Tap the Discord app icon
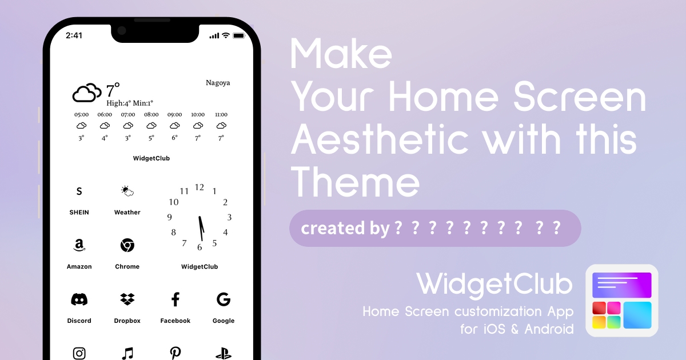79,299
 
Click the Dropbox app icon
127,299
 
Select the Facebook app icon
175,299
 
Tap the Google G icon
224,299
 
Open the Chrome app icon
127,245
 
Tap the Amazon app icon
79,245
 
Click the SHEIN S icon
79,191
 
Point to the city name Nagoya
218,83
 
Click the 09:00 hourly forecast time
174,114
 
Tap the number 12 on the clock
200,187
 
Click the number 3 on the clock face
229,217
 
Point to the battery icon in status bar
239,35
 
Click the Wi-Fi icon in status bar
226,35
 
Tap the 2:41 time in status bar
74,35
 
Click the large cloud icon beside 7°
87,93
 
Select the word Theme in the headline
355,182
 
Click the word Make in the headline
341,54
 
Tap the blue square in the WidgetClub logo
637,315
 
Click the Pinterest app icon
175,353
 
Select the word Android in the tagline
549,329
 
